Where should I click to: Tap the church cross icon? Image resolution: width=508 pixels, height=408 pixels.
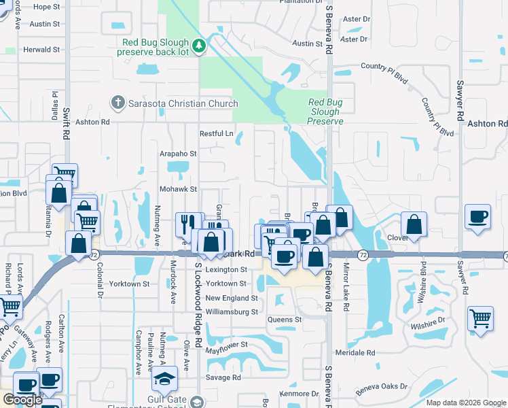[117, 103]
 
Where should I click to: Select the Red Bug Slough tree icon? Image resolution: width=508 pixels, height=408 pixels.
[199, 46]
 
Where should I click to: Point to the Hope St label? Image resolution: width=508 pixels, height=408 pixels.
[47, 7]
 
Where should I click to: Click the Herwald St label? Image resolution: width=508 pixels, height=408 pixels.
[42, 50]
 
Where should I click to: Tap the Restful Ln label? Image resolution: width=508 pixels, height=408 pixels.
[216, 134]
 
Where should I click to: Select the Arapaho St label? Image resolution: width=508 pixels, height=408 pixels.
[178, 154]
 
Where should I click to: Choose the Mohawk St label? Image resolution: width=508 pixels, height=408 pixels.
[178, 189]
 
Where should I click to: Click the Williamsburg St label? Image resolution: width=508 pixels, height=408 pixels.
[232, 312]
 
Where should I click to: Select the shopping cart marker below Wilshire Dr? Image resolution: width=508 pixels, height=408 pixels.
[480, 318]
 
